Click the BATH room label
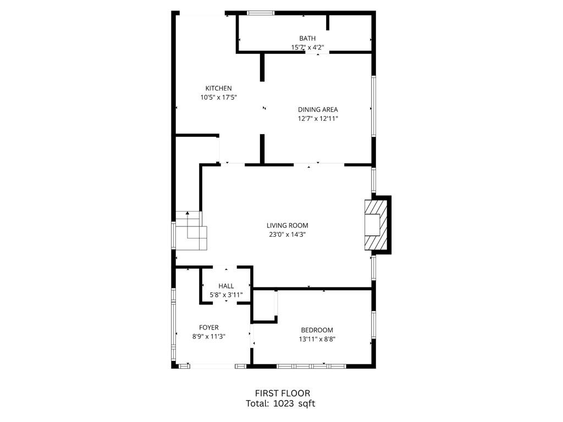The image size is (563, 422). click(x=307, y=38)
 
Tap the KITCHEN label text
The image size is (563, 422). click(x=218, y=88)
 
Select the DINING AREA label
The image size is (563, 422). click(x=318, y=109)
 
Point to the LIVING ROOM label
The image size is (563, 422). click(x=287, y=225)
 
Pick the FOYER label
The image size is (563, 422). click(x=209, y=327)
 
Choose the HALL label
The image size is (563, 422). click(x=226, y=286)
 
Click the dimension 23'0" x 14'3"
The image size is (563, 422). click(x=287, y=235)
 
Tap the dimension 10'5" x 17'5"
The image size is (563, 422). click(x=218, y=97)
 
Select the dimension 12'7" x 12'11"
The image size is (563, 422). click(x=318, y=119)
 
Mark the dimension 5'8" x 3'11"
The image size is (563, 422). click(x=226, y=295)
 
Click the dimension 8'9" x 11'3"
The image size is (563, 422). click(x=209, y=336)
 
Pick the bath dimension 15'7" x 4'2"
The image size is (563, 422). click(x=307, y=47)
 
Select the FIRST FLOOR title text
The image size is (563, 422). click(x=282, y=393)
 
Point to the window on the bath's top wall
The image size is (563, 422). click(x=261, y=13)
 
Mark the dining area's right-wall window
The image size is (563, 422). click(x=373, y=105)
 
